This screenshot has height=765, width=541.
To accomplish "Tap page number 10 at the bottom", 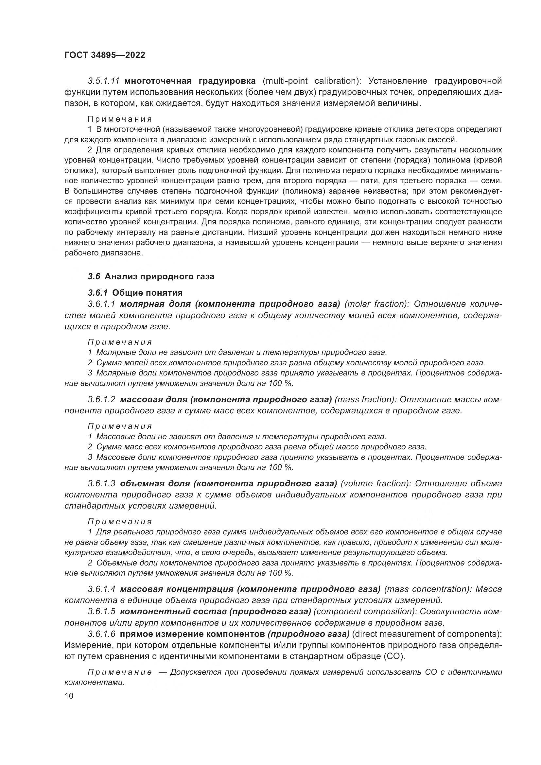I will point(69,696).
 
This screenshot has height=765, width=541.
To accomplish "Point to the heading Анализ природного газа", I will point(160,277).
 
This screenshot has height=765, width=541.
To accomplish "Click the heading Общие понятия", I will point(147,293).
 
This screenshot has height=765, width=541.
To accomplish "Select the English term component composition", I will point(364,611).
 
